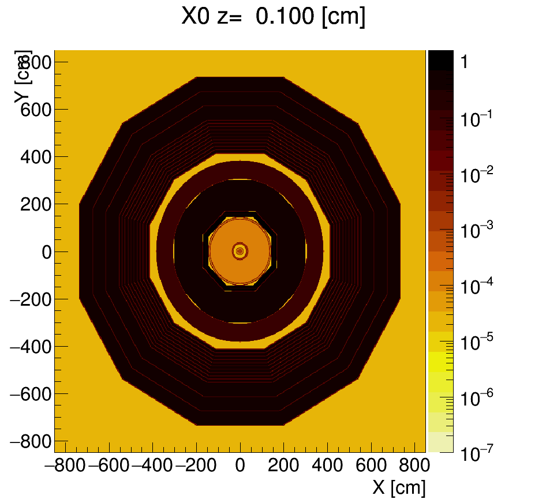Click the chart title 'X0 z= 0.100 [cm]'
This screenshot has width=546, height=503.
[x=273, y=17]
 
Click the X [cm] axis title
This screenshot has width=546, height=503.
[x=399, y=488]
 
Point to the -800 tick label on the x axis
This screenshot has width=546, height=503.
[x=65, y=466]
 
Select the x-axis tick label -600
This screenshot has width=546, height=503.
[x=109, y=466]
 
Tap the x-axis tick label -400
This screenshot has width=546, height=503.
[x=153, y=466]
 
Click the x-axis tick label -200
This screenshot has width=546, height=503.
[x=196, y=466]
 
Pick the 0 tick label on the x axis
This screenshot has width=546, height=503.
[x=240, y=466]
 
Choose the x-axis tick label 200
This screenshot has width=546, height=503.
[x=284, y=466]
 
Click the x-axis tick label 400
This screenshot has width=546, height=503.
[x=328, y=466]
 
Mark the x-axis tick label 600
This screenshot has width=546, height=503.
[x=372, y=466]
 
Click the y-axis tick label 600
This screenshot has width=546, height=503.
[x=36, y=110]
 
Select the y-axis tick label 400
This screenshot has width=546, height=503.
[x=36, y=157]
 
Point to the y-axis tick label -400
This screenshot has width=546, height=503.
[x=31, y=347]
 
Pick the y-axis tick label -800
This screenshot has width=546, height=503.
[x=31, y=442]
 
